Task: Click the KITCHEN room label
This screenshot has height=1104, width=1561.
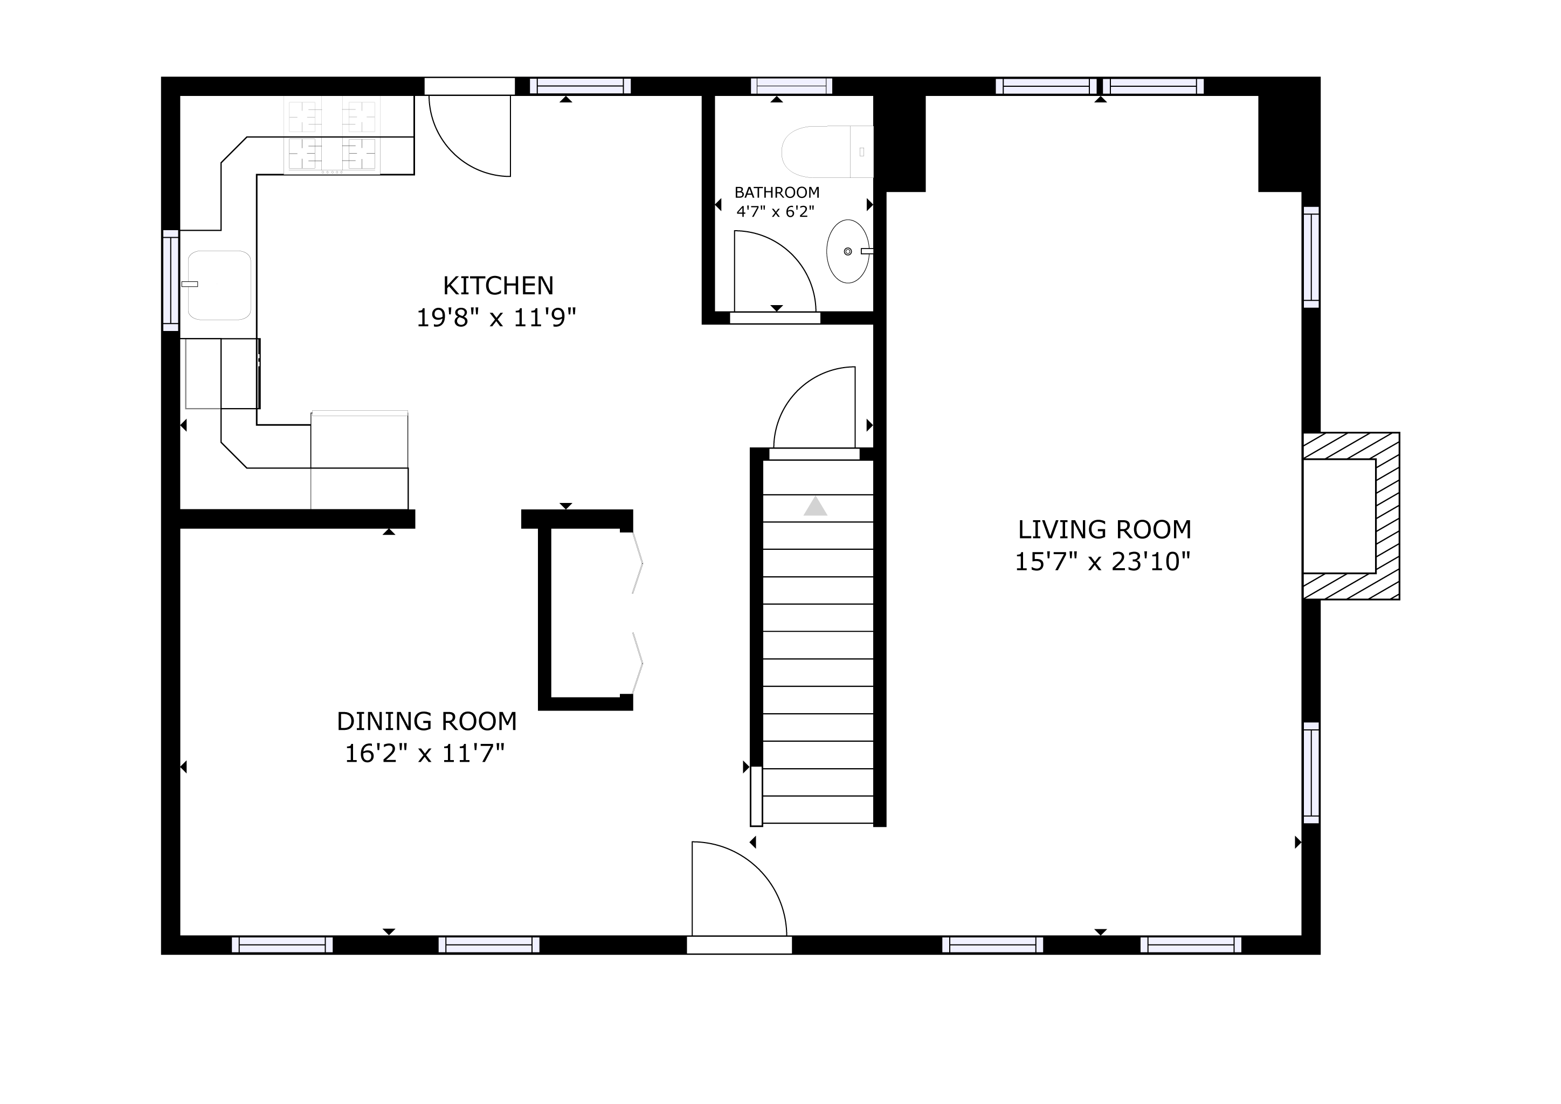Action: (x=499, y=286)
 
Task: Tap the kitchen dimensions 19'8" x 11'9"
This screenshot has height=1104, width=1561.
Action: (x=496, y=318)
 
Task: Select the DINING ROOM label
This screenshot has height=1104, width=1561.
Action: (x=427, y=721)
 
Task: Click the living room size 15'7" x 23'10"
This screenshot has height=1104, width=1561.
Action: (x=1103, y=562)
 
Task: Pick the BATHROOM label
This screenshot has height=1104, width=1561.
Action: (x=777, y=192)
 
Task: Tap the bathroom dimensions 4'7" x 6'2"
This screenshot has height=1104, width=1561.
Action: (x=776, y=211)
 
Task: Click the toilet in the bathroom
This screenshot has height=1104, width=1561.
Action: (x=827, y=151)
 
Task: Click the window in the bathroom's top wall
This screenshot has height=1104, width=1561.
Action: (x=791, y=86)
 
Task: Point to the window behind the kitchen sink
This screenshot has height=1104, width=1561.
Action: (x=171, y=281)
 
